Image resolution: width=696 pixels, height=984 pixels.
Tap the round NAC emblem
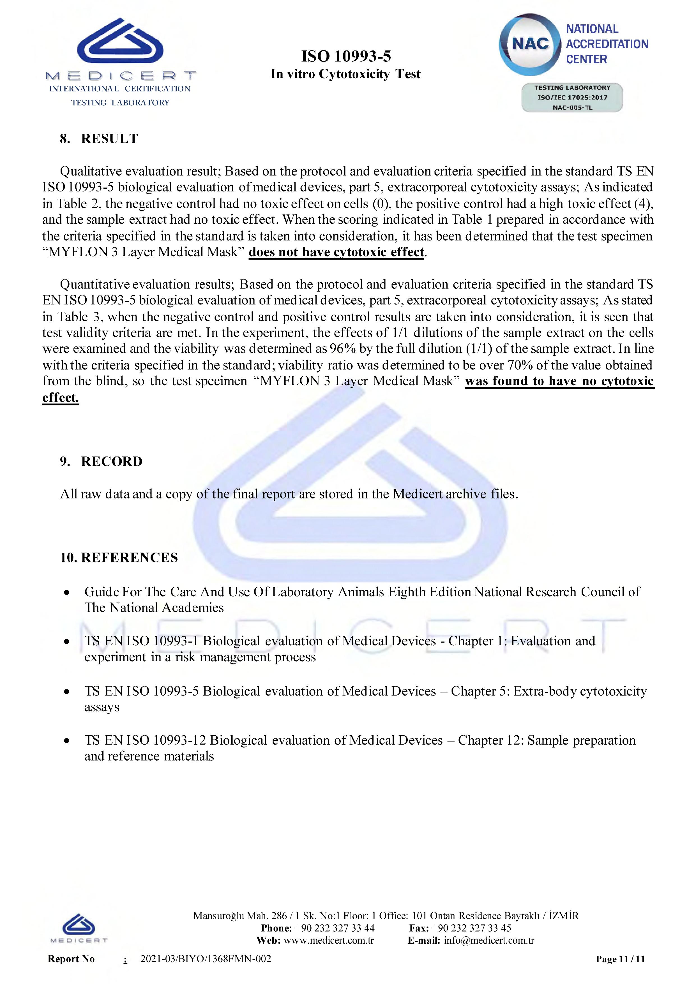pyautogui.click(x=530, y=44)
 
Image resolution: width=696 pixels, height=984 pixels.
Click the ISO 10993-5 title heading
pyautogui.click(x=346, y=56)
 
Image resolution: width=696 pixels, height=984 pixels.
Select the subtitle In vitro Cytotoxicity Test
pyautogui.click(x=345, y=74)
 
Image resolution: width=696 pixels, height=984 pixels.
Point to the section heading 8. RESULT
pyautogui.click(x=99, y=139)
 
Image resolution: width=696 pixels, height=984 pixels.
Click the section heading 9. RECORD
pyautogui.click(x=101, y=461)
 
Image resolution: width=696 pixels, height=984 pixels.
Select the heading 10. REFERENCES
pyautogui.click(x=119, y=558)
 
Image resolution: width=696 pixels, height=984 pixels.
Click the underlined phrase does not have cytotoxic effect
pyautogui.click(x=337, y=252)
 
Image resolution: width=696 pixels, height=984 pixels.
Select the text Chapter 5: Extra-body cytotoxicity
pyautogui.click(x=548, y=691)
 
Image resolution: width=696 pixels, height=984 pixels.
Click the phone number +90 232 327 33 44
pyautogui.click(x=334, y=928)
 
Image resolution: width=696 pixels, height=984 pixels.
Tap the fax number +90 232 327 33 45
pyautogui.click(x=471, y=928)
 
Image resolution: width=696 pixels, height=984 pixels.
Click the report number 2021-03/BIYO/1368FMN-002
pyautogui.click(x=206, y=959)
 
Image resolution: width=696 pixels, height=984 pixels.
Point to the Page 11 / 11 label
pyautogui.click(x=620, y=959)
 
